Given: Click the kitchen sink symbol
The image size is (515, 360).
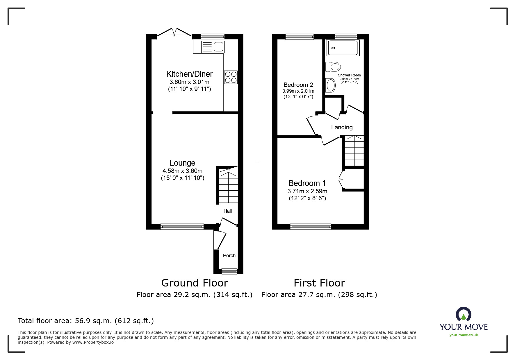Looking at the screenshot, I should pos(209,47).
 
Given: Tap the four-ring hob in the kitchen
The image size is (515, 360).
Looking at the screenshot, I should pos(231,77).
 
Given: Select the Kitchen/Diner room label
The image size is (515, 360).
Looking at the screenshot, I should pos(189,74).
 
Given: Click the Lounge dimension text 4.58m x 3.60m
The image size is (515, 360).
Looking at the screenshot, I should pos(182,171).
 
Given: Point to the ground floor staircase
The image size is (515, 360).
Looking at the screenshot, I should pos(228,186).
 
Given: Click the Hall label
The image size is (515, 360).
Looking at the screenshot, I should pos(227,211).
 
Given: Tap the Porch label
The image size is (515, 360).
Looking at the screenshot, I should pos(229,256).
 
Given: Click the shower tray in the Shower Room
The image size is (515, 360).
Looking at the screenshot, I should pos(343,48).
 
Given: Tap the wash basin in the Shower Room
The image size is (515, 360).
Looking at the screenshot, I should pos(331,85).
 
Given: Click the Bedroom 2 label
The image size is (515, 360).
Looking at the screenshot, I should pos(298,85).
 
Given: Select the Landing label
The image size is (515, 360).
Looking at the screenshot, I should pos(342,127).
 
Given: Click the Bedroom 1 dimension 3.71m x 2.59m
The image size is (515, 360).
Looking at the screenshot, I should pos(307,191).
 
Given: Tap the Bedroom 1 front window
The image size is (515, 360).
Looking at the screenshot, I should pos(311,226).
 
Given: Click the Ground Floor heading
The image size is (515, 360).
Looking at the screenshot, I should pos(195,283).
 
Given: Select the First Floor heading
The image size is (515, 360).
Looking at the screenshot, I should pos(319,283).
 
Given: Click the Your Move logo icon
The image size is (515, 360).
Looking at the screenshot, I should pos(463,314).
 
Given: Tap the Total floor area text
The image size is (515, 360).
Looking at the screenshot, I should pos(86,321).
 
